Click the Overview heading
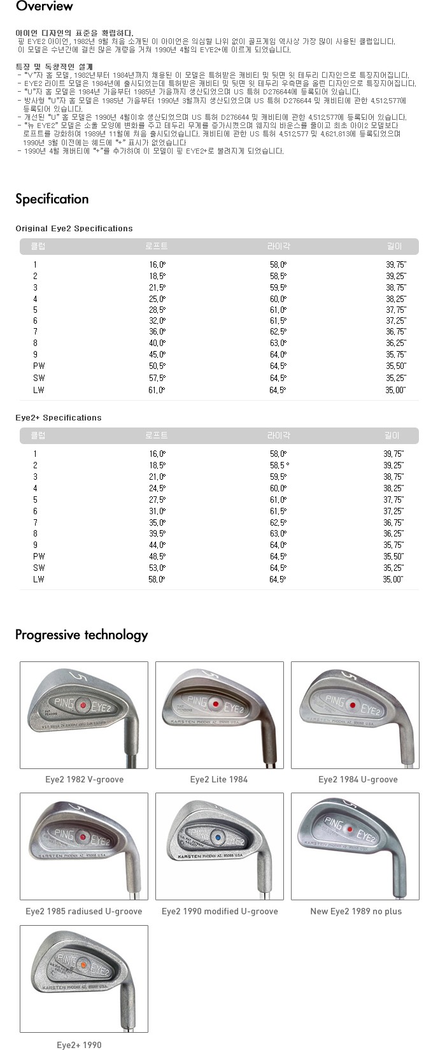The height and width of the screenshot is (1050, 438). click(44, 6)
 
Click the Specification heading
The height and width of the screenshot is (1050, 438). click(52, 199)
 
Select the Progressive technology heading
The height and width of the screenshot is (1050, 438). click(81, 635)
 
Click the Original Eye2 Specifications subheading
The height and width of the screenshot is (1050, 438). click(74, 228)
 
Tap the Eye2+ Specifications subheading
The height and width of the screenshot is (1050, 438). click(59, 417)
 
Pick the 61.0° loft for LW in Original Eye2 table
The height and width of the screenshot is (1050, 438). click(157, 390)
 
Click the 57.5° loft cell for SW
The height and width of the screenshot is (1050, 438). click(157, 378)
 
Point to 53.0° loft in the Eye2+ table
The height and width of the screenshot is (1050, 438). click(157, 568)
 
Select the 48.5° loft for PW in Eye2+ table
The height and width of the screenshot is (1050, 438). click(157, 556)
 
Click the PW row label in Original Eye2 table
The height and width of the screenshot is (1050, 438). click(39, 366)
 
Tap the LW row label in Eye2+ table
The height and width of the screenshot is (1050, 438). click(39, 579)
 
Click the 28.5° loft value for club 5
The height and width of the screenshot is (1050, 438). click(157, 310)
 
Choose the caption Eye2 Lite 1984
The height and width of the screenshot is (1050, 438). click(219, 779)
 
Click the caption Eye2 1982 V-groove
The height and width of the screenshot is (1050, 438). click(84, 779)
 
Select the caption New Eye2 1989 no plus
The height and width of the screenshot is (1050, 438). click(356, 911)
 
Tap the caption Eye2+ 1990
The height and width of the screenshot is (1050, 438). click(79, 1045)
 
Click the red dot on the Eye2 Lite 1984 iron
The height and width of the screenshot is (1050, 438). click(216, 703)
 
